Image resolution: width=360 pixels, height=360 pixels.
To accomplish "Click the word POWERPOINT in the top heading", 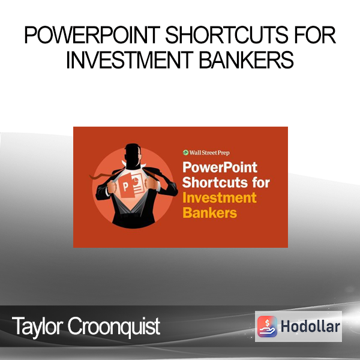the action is pos(92,35).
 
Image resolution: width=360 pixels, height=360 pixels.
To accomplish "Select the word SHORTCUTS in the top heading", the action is pos(227,35).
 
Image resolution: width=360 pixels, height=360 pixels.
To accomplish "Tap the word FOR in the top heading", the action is pos(315,35).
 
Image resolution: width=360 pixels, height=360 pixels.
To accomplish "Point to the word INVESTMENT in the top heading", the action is pos(130,60).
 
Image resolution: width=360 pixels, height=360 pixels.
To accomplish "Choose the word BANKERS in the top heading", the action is pos(246,60).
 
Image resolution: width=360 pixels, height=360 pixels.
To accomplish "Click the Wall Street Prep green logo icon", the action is pos(185,152).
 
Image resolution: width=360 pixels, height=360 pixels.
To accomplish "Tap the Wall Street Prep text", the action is pos(209,153).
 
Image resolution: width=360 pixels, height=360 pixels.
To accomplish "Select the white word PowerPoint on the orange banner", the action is pos(220,167).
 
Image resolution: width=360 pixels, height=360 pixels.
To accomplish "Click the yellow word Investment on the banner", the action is pos(219,198).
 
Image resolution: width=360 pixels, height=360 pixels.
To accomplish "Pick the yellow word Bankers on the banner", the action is pos(209,213).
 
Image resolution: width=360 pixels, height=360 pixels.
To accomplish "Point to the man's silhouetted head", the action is pos(133,155).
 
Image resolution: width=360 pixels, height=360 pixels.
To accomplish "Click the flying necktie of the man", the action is pos(104,175).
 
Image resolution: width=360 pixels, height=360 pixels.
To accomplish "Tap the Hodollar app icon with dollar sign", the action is pos(267,326).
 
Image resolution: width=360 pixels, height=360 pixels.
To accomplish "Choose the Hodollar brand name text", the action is pos(310,326).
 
